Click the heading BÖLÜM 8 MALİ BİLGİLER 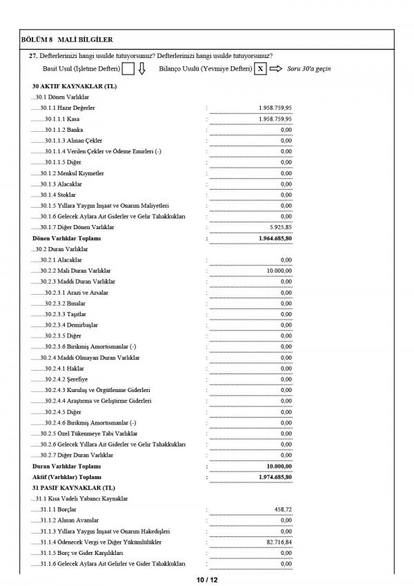(x=67, y=41)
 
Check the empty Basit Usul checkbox (x=128, y=69)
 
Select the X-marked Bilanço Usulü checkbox (x=259, y=69)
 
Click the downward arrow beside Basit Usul (x=141, y=69)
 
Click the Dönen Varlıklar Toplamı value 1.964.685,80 (x=273, y=238)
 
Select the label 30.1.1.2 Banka (x=63, y=130)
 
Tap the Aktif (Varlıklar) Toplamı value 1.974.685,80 (x=273, y=477)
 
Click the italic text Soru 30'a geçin (x=308, y=69)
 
